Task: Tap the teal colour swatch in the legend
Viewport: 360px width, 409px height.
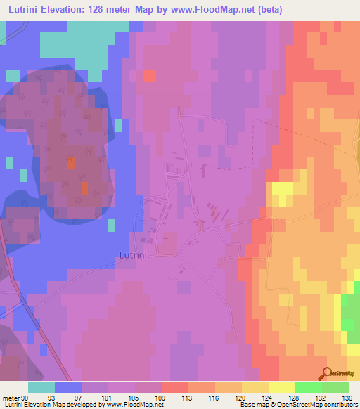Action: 41,387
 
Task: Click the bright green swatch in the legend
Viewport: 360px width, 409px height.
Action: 335,387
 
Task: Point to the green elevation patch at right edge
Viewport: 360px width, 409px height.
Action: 349,313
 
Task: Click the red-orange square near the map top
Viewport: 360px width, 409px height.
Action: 149,76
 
